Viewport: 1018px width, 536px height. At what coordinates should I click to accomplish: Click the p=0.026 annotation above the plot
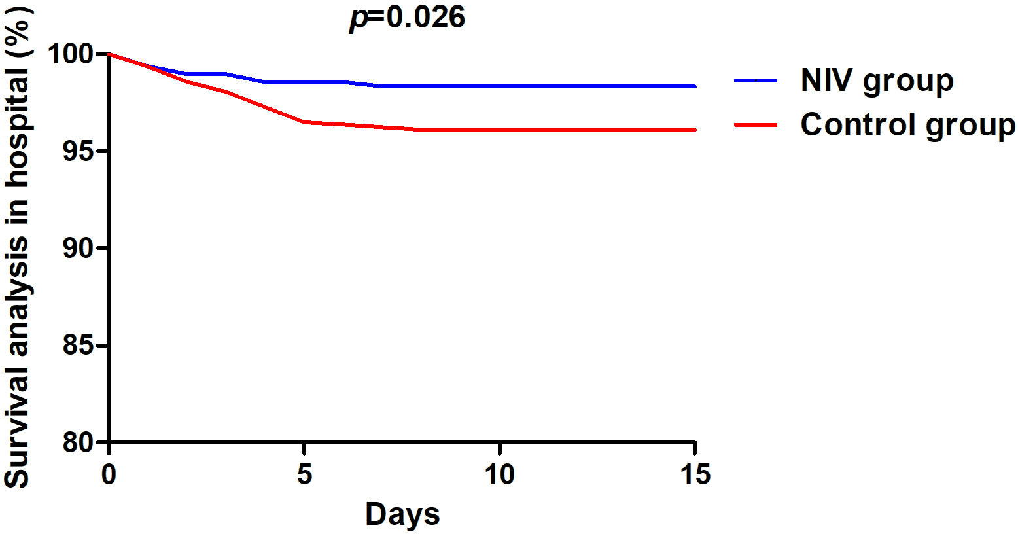click(407, 17)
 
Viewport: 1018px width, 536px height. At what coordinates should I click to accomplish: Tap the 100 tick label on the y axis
click(72, 54)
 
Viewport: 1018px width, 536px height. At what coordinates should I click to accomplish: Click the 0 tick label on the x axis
click(109, 474)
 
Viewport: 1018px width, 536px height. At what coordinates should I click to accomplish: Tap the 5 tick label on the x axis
click(304, 474)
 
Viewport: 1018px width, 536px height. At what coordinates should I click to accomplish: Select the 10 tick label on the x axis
click(499, 474)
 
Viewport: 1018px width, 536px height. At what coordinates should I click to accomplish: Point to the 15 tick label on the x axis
click(695, 474)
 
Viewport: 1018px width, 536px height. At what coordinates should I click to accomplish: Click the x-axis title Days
click(402, 514)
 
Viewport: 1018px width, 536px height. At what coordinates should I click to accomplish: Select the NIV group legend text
click(877, 80)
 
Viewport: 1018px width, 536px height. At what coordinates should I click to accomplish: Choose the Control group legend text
click(908, 124)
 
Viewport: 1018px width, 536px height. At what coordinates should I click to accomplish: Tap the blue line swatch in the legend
click(756, 80)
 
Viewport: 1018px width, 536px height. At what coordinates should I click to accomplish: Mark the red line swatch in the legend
click(756, 124)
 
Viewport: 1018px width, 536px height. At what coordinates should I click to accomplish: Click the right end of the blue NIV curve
click(694, 86)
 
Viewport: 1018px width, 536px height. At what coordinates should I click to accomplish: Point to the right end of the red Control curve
click(694, 130)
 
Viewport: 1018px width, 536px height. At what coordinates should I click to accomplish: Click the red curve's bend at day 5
click(304, 122)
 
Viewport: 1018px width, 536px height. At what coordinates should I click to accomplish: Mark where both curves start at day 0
click(109, 54)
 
